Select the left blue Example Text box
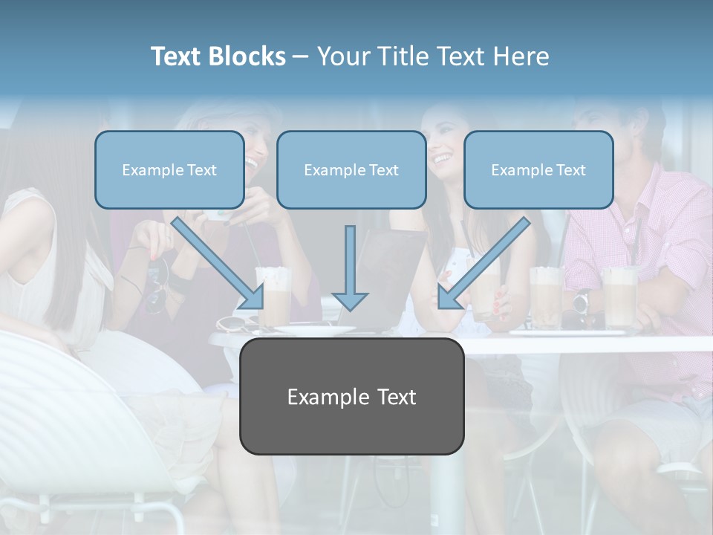(x=169, y=169)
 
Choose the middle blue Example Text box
(x=351, y=169)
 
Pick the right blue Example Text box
(x=538, y=169)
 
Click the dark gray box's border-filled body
(x=351, y=431)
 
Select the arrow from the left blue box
(x=218, y=263)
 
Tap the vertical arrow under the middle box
(x=350, y=267)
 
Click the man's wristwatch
(x=582, y=300)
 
